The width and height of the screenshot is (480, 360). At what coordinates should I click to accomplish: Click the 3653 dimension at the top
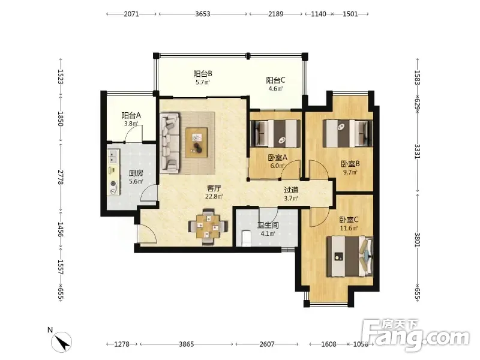(203, 14)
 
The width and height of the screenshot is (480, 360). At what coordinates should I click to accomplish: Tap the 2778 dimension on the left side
(61, 177)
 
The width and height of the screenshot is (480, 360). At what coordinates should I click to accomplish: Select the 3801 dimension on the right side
(418, 239)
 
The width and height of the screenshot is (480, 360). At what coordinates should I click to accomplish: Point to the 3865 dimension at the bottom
(187, 344)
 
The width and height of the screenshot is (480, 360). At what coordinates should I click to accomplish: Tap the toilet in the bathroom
(246, 238)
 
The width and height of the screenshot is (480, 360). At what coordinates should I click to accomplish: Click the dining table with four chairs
(208, 227)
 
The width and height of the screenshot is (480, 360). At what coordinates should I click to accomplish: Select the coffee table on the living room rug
(196, 143)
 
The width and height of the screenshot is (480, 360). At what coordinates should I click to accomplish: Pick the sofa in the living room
(169, 142)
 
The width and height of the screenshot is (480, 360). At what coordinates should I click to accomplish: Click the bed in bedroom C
(350, 257)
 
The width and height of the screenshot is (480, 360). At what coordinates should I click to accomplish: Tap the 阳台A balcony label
(131, 115)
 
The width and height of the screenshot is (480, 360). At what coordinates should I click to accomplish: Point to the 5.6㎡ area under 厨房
(136, 181)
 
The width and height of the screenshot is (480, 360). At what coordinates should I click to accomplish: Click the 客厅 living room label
(214, 188)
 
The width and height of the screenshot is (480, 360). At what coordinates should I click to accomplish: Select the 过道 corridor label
(291, 190)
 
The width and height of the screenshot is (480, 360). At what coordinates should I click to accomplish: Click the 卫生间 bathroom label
(268, 226)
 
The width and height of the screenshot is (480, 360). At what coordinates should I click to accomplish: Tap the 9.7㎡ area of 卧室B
(350, 172)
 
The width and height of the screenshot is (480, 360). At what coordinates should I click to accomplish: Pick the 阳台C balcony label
(275, 80)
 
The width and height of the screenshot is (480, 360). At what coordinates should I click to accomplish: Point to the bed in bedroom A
(275, 133)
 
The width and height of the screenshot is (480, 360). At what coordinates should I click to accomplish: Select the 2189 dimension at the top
(276, 14)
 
